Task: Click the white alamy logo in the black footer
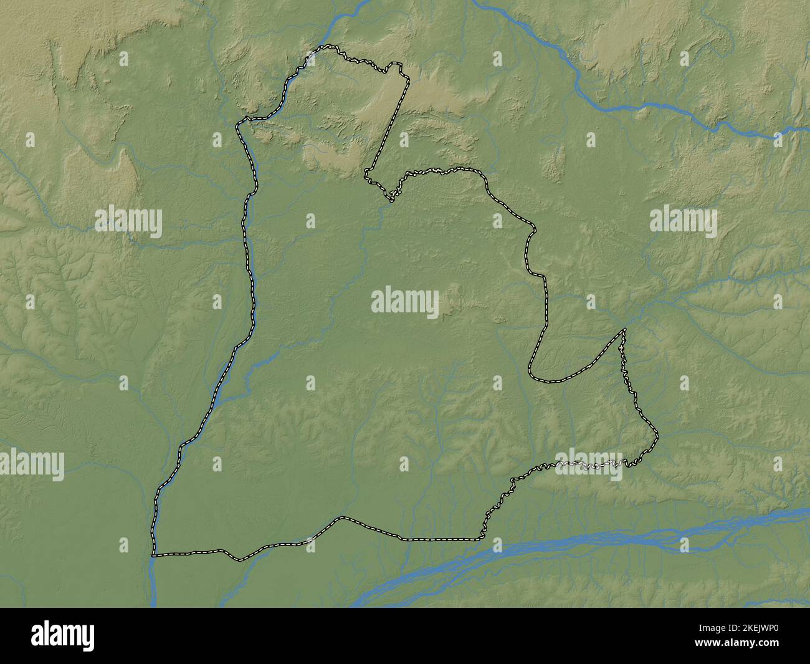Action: coord(63,637)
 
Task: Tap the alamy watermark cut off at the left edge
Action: coord(31,465)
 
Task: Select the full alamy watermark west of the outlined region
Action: coord(128,221)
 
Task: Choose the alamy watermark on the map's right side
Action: coord(683,222)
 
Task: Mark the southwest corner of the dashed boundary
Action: coord(153,554)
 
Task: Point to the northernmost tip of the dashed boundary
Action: coord(330,47)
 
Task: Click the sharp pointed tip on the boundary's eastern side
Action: coord(624,330)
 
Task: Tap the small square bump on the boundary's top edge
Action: coord(394,65)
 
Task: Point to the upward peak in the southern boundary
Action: coord(341,517)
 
